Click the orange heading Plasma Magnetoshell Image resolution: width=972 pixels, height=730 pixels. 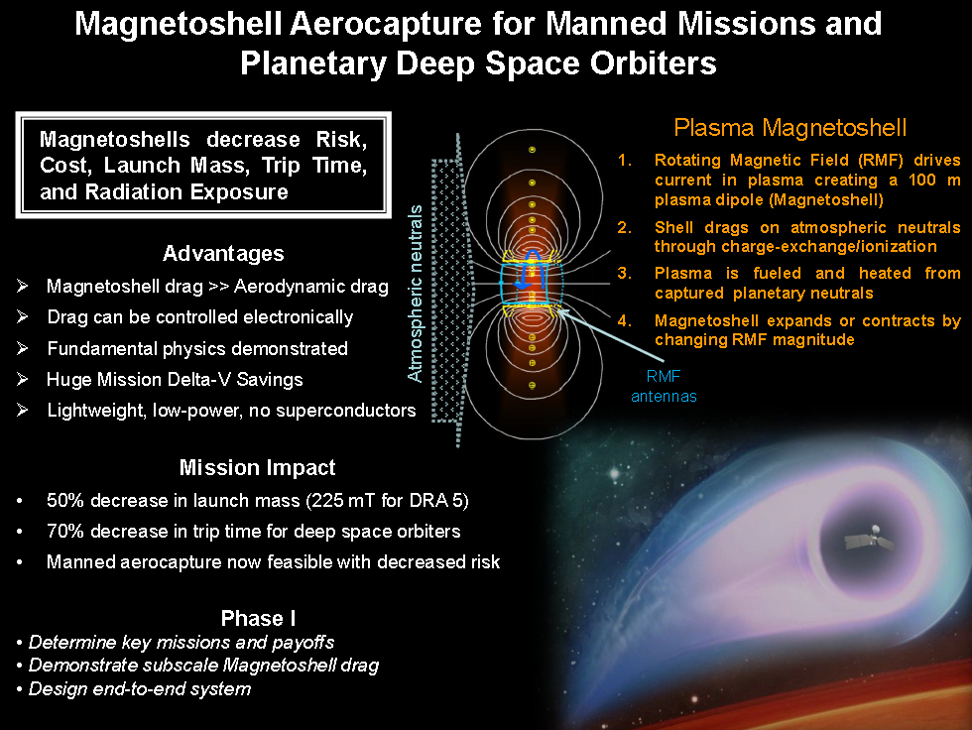pyautogui.click(x=790, y=128)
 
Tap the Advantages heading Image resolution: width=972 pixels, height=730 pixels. pyautogui.click(x=223, y=254)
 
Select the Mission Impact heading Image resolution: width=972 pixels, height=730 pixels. pyautogui.click(x=257, y=467)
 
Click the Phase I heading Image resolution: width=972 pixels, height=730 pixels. pyautogui.click(x=258, y=618)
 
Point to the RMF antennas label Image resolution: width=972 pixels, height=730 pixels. pyautogui.click(x=664, y=386)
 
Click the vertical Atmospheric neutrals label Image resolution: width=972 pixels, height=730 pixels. pyautogui.click(x=415, y=294)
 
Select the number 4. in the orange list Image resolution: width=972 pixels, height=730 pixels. pyautogui.click(x=624, y=320)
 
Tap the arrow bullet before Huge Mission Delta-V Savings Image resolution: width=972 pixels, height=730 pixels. pyautogui.click(x=22, y=379)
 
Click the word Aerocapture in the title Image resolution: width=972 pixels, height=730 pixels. pyautogui.click(x=386, y=24)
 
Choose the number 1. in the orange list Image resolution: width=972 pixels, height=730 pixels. pyautogui.click(x=624, y=160)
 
